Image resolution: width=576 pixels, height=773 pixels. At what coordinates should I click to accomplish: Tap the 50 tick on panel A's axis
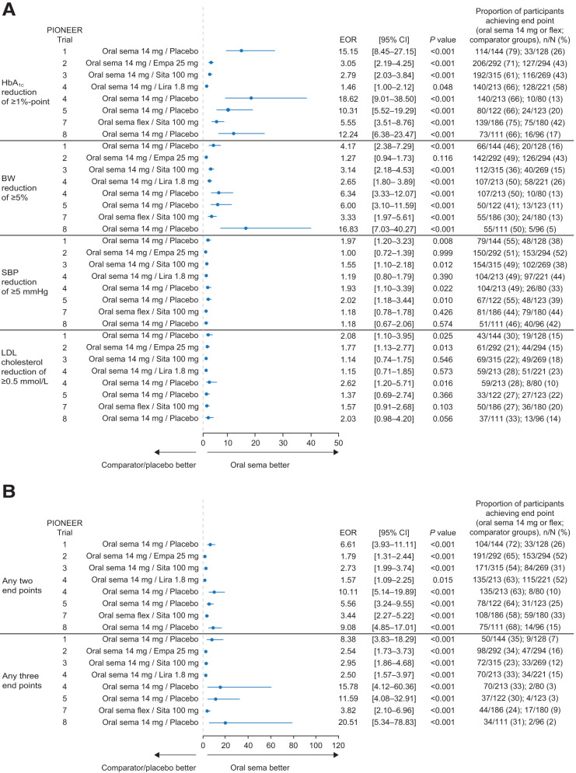click(x=337, y=443)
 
